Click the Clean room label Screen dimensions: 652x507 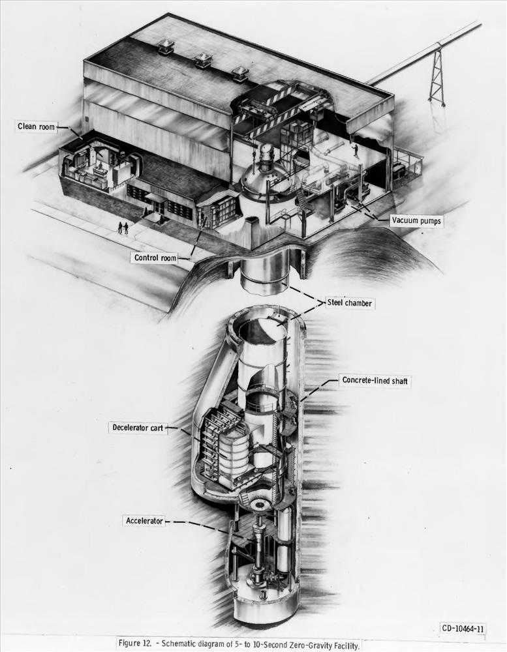35,126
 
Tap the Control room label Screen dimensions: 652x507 155,258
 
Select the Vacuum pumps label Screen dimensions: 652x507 416,221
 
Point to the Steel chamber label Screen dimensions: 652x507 350,303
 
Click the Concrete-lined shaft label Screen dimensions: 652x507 375,381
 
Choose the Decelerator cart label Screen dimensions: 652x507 138,428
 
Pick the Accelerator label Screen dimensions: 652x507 144,520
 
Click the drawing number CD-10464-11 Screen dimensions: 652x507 463,629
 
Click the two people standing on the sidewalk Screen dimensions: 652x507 123,228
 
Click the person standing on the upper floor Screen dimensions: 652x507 356,151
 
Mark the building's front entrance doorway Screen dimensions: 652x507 157,207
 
